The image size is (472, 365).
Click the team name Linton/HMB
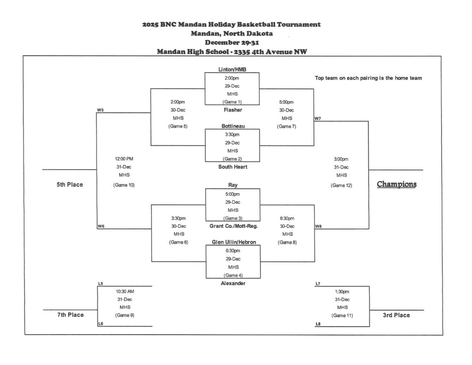(x=232, y=69)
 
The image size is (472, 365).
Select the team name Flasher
(x=233, y=110)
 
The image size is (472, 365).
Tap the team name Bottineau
(x=233, y=126)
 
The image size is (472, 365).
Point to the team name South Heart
(x=233, y=167)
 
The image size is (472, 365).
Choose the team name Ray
(x=233, y=185)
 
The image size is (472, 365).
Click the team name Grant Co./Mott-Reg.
(x=233, y=226)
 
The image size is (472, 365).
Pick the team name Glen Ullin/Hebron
(x=234, y=242)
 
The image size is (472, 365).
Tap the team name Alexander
(x=233, y=283)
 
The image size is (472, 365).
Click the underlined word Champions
(x=396, y=184)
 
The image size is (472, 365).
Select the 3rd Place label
(x=396, y=315)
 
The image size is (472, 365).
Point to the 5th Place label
(x=70, y=185)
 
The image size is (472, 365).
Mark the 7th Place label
(x=71, y=315)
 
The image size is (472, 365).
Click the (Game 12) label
(x=341, y=185)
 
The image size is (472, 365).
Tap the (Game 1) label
(x=232, y=102)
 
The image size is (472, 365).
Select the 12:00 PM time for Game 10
(x=124, y=159)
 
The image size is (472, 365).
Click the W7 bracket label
(x=318, y=119)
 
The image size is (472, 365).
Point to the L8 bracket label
(x=318, y=324)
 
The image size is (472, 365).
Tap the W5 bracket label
(x=100, y=110)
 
